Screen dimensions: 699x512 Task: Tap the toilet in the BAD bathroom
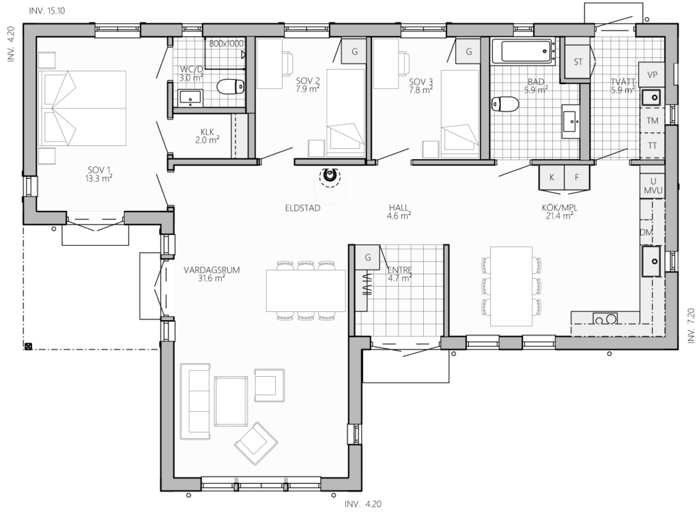[x=505, y=104]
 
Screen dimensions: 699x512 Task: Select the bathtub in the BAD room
[x=527, y=51]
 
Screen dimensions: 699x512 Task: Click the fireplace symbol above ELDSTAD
[x=330, y=174]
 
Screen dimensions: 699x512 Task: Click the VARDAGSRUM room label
[x=212, y=274]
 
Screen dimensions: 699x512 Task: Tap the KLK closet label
[x=208, y=136]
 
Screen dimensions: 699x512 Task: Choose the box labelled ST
[x=578, y=62]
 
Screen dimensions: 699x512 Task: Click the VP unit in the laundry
[x=652, y=74]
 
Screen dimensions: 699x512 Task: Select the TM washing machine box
[x=652, y=120]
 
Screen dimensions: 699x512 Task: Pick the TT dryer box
[x=652, y=145]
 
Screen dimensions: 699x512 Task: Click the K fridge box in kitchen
[x=552, y=177]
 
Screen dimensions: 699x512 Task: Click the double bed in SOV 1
[x=83, y=108]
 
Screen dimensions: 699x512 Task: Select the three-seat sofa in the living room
[x=195, y=401]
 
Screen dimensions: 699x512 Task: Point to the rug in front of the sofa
[x=231, y=401]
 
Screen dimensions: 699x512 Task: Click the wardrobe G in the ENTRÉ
[x=368, y=257]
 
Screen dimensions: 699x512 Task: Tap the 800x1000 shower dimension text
[x=227, y=43]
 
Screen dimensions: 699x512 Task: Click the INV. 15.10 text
[x=47, y=11]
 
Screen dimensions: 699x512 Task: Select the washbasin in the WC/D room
[x=191, y=98]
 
